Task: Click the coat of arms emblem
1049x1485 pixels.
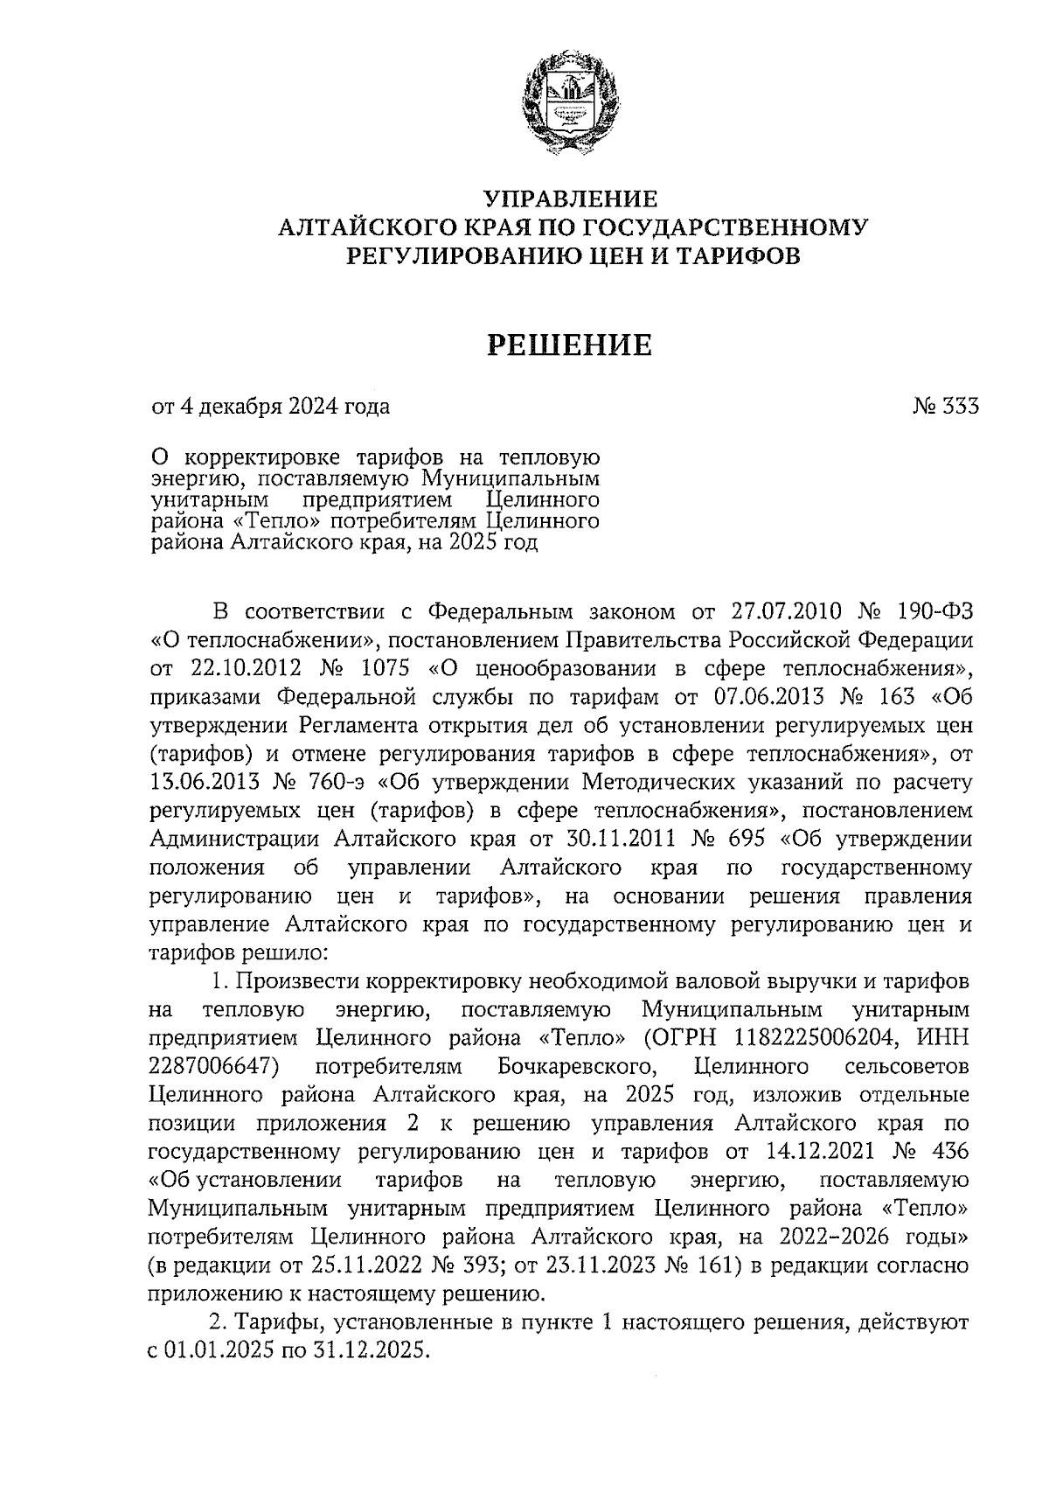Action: (x=569, y=102)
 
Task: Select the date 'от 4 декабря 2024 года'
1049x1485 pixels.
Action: (x=271, y=407)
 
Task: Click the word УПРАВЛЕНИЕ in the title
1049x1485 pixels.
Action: (x=570, y=199)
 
